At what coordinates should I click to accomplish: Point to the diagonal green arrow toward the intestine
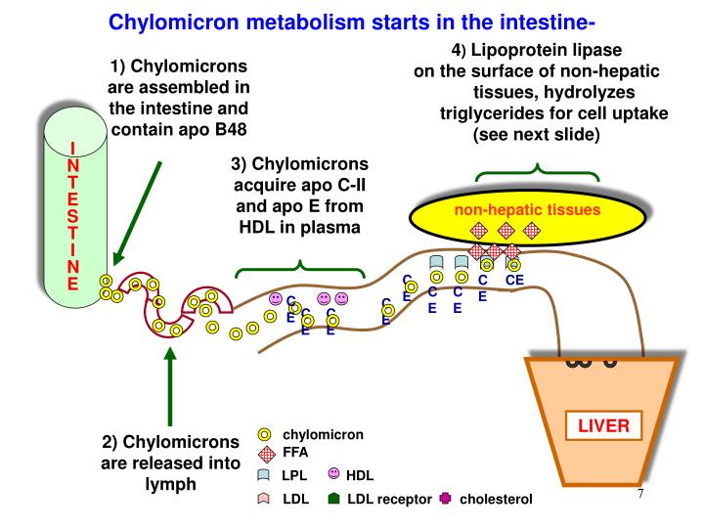coord(138,210)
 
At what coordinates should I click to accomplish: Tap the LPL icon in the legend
coord(264,475)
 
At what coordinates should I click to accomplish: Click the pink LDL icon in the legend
coord(264,499)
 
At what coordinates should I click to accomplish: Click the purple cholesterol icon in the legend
coord(446,499)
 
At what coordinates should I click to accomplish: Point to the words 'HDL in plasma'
coord(298,227)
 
